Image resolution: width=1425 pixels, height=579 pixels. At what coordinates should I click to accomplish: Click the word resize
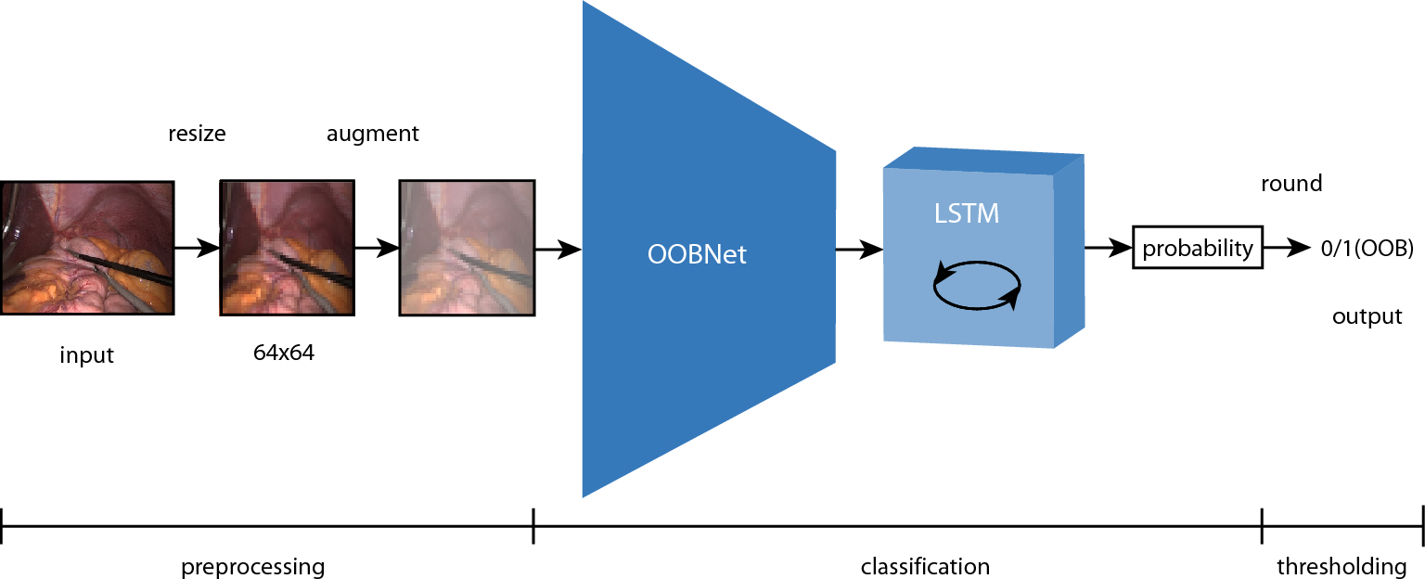pyautogui.click(x=197, y=134)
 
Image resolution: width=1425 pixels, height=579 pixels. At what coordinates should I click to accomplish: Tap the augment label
pyautogui.click(x=372, y=134)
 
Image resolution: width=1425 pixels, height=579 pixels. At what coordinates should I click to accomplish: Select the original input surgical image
pyautogui.click(x=87, y=249)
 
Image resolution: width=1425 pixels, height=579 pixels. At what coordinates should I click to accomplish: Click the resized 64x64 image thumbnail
pyautogui.click(x=285, y=249)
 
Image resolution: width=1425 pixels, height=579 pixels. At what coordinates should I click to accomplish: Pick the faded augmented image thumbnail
pyautogui.click(x=467, y=249)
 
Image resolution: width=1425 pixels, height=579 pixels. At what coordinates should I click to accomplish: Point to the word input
pyautogui.click(x=86, y=355)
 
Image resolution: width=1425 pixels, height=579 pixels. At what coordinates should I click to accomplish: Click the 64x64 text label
pyautogui.click(x=284, y=353)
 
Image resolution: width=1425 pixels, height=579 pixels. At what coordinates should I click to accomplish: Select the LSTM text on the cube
pyautogui.click(x=966, y=214)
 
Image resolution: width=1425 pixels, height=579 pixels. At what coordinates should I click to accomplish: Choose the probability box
pyautogui.click(x=1197, y=249)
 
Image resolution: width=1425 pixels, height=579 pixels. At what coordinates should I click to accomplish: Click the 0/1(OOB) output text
pyautogui.click(x=1367, y=249)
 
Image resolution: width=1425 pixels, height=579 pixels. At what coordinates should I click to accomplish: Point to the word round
pyautogui.click(x=1290, y=184)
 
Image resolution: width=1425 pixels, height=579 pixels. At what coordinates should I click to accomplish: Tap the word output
pyautogui.click(x=1367, y=316)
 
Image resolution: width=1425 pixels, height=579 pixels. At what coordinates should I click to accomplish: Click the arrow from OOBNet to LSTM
pyautogui.click(x=858, y=249)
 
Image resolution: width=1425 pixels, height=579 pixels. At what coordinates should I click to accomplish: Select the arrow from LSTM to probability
pyautogui.click(x=1108, y=249)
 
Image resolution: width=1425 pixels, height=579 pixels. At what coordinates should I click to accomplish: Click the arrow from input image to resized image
pyautogui.click(x=196, y=249)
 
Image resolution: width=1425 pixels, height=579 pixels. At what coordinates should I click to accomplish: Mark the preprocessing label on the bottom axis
pyautogui.click(x=253, y=566)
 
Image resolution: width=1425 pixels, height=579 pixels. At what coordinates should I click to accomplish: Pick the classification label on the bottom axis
pyautogui.click(x=925, y=566)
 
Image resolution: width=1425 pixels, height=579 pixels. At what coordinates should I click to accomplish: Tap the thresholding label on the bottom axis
pyautogui.click(x=1342, y=566)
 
